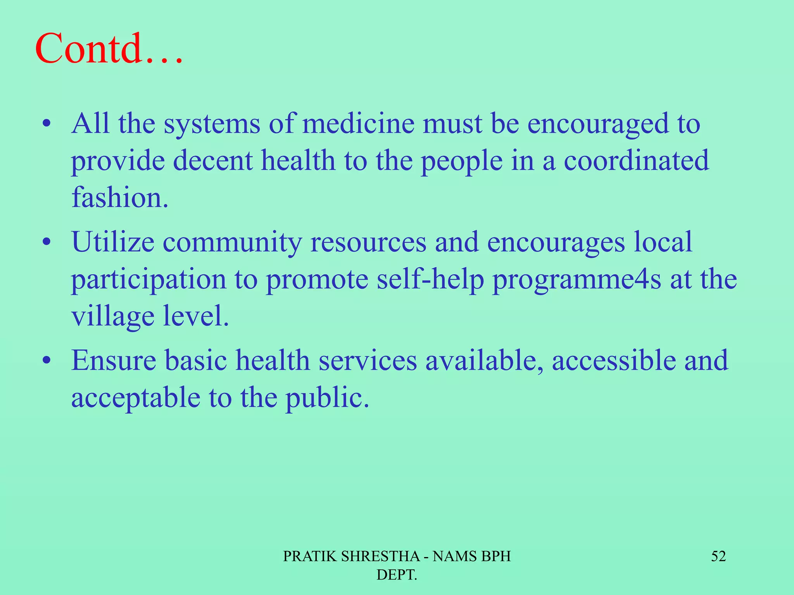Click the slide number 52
718,556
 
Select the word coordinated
636,160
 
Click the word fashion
119,197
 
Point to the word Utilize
112,242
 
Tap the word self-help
430,279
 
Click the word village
113,317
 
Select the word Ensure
114,360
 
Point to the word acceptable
136,398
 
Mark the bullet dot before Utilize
47,243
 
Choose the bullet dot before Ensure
47,361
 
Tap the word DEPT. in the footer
397,575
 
